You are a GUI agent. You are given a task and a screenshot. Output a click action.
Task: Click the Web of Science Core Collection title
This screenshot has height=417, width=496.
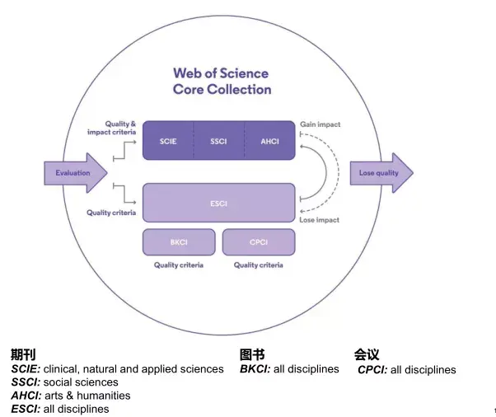(x=222, y=82)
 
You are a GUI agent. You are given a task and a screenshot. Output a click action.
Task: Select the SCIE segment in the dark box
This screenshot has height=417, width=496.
(x=167, y=141)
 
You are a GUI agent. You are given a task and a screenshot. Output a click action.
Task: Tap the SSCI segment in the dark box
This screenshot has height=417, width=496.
(x=218, y=141)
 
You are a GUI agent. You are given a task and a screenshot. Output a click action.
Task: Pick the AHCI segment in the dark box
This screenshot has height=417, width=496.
(x=269, y=141)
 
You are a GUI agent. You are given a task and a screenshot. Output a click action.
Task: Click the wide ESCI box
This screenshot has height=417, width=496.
(x=218, y=203)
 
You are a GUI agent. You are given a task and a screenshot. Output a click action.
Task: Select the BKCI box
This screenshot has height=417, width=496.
(x=179, y=242)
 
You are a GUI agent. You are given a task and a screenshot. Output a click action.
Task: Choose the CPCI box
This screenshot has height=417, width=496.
(x=258, y=242)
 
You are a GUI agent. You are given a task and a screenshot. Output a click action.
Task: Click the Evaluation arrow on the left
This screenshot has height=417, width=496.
(x=75, y=173)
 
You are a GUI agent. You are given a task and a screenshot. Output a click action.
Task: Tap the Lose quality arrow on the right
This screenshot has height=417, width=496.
(x=381, y=173)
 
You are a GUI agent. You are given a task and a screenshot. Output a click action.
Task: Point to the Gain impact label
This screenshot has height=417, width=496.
(x=320, y=124)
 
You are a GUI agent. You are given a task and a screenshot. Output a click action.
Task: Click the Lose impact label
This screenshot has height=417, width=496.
(x=320, y=221)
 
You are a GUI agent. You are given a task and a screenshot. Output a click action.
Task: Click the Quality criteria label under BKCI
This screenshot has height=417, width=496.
(x=179, y=265)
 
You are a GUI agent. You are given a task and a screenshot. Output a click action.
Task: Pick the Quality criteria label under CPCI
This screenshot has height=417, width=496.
(x=258, y=265)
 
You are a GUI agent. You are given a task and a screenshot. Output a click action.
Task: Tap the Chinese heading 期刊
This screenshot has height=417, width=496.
(x=23, y=354)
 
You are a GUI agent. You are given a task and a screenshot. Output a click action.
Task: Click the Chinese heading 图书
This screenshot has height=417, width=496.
(x=252, y=354)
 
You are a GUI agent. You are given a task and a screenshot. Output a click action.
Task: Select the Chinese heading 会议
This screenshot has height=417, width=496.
(x=367, y=354)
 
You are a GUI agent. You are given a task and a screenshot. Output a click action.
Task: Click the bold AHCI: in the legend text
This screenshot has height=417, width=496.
(x=28, y=396)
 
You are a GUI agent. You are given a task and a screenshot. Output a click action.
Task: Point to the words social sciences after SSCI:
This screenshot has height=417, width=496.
(x=81, y=382)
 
